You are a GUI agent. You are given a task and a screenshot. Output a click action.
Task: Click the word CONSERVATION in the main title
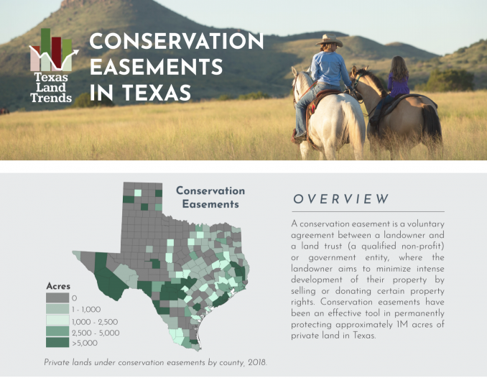pos(177,42)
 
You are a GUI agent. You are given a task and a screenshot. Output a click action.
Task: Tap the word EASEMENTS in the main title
pos(156,68)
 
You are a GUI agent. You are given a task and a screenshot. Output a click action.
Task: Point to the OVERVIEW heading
pos(341,199)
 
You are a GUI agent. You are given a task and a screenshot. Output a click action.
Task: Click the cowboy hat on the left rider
pos(330,40)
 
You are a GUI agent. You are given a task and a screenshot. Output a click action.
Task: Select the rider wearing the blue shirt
pos(330,71)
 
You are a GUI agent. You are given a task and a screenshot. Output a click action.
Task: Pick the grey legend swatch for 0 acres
pos(57,298)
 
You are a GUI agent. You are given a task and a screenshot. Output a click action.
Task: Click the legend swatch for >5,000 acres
pos(57,344)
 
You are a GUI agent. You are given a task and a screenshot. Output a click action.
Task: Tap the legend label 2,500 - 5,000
pos(95,333)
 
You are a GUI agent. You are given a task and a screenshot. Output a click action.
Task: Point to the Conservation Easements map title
pos(210,198)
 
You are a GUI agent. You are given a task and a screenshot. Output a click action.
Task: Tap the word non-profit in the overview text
pos(421,246)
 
